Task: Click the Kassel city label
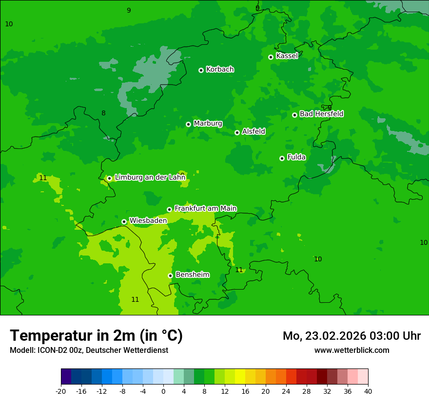click(287, 56)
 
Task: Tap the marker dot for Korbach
click(201, 70)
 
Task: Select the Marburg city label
click(208, 124)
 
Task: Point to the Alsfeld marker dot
click(237, 132)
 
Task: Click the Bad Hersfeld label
click(321, 114)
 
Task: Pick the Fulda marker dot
click(282, 158)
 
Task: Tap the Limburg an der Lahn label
click(150, 178)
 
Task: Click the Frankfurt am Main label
click(205, 208)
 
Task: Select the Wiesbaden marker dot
click(124, 221)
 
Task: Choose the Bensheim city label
click(192, 275)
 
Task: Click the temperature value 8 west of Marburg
click(103, 113)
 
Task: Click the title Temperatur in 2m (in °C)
click(96, 336)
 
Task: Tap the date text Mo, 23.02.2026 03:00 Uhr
click(351, 336)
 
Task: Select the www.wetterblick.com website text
click(351, 350)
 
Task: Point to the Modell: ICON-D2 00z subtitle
click(89, 350)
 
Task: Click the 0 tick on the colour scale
click(163, 391)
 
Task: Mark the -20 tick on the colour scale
click(61, 391)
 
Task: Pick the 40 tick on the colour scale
click(368, 391)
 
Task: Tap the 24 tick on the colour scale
click(286, 391)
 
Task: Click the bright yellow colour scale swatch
click(240, 377)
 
